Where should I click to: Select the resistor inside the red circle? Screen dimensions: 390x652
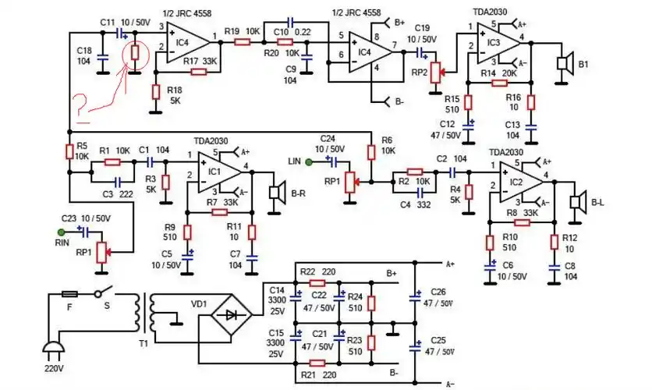click(x=134, y=53)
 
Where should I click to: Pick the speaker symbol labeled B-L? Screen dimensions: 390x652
click(x=577, y=202)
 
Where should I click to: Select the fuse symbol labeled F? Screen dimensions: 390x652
click(x=69, y=294)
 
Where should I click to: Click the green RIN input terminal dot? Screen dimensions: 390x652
click(x=61, y=232)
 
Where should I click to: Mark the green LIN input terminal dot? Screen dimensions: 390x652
click(x=310, y=162)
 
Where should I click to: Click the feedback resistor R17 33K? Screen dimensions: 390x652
click(x=198, y=72)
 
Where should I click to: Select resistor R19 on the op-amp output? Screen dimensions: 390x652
click(x=242, y=42)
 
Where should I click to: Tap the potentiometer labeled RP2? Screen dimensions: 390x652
click(x=436, y=73)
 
